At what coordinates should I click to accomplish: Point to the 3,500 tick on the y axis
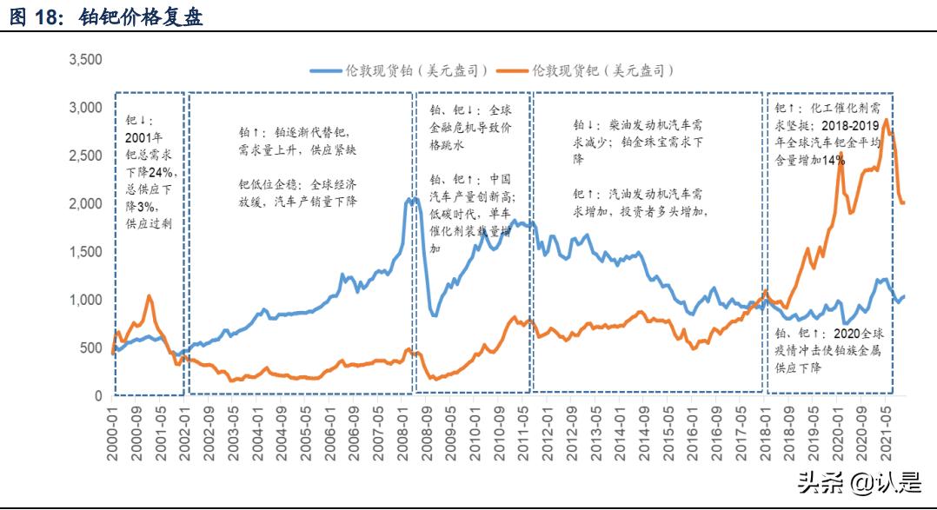click(x=86, y=61)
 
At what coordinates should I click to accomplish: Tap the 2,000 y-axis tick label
click(x=86, y=204)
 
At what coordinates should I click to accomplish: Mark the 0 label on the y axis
click(x=98, y=396)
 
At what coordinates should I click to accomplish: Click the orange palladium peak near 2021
click(x=885, y=120)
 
